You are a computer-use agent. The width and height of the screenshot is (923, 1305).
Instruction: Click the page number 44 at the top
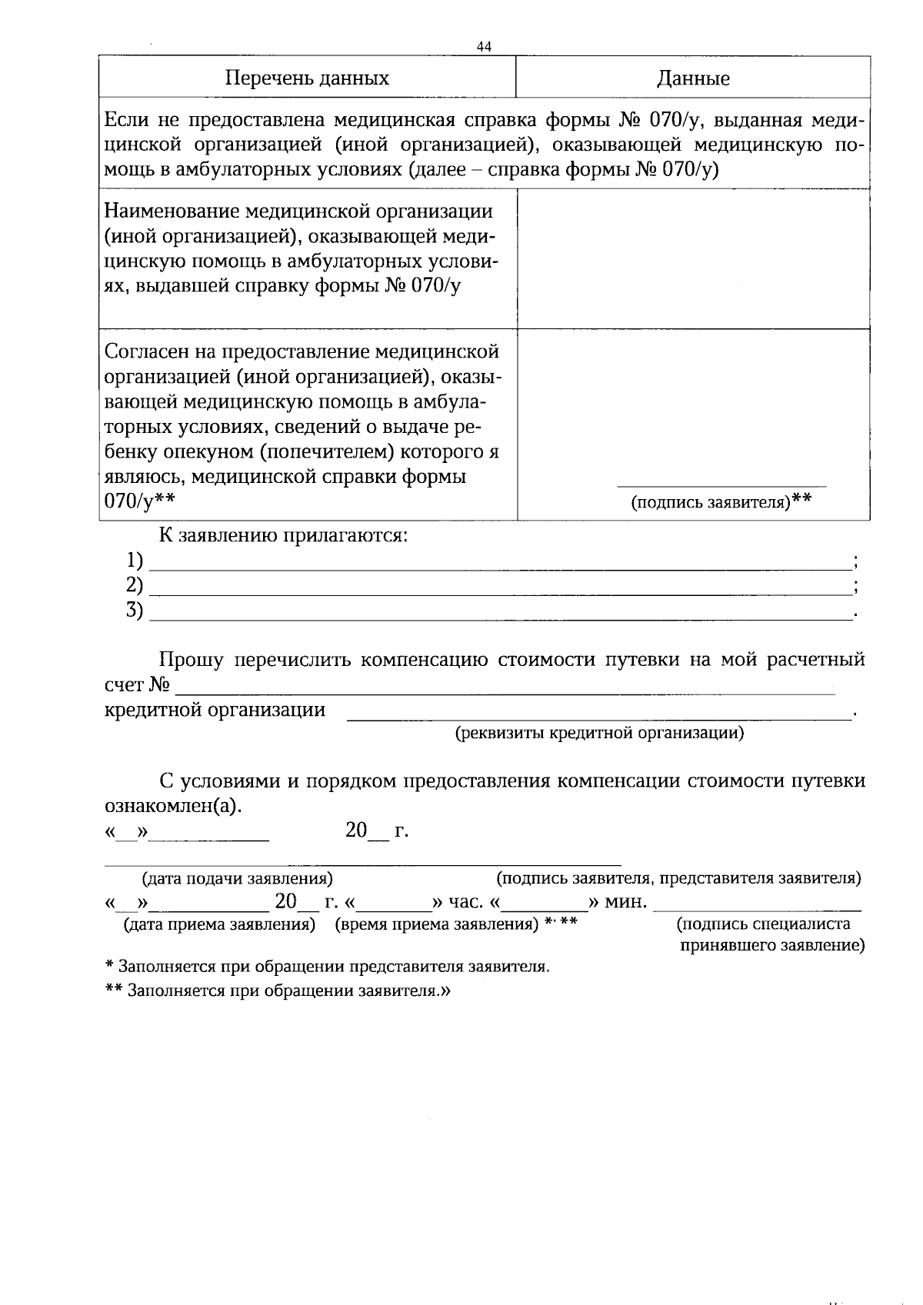pyautogui.click(x=484, y=47)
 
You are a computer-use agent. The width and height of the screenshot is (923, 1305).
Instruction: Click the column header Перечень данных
pyautogui.click(x=307, y=78)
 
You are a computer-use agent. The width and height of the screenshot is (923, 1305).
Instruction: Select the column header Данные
pyautogui.click(x=693, y=78)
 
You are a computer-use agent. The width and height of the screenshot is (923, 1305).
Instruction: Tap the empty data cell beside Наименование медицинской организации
pyautogui.click(x=693, y=258)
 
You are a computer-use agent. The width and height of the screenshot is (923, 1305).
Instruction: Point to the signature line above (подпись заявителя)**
pyautogui.click(x=721, y=485)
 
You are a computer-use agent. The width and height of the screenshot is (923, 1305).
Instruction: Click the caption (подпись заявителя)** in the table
pyautogui.click(x=721, y=503)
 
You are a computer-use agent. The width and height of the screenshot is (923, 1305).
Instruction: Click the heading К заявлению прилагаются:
pyautogui.click(x=283, y=535)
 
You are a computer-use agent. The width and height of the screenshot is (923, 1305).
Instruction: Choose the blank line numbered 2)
pyautogui.click(x=500, y=593)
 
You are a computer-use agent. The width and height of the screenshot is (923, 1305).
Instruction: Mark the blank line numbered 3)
pyautogui.click(x=500, y=618)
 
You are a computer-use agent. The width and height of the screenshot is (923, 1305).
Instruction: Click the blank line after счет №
pyautogui.click(x=504, y=692)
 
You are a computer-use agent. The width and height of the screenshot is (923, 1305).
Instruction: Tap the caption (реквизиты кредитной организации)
pyautogui.click(x=600, y=733)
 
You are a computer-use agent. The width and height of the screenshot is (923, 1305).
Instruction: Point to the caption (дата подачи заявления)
pyautogui.click(x=237, y=878)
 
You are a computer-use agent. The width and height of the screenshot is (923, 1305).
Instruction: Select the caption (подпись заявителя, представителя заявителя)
pyautogui.click(x=678, y=878)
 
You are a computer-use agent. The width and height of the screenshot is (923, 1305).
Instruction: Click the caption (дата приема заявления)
pyautogui.click(x=220, y=925)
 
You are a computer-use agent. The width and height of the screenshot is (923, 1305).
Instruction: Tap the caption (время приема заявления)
pyautogui.click(x=436, y=925)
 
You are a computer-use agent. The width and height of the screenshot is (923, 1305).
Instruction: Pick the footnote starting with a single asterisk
pyautogui.click(x=327, y=967)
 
